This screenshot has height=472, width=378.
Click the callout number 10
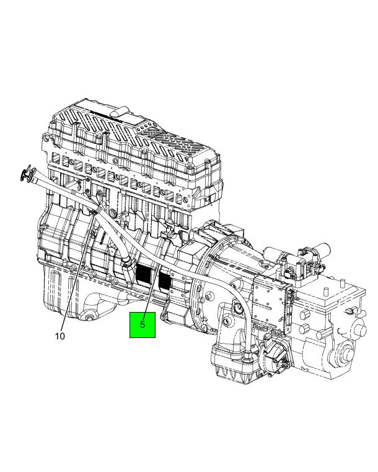tap(60, 336)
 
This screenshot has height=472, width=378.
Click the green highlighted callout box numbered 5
tap(143, 325)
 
